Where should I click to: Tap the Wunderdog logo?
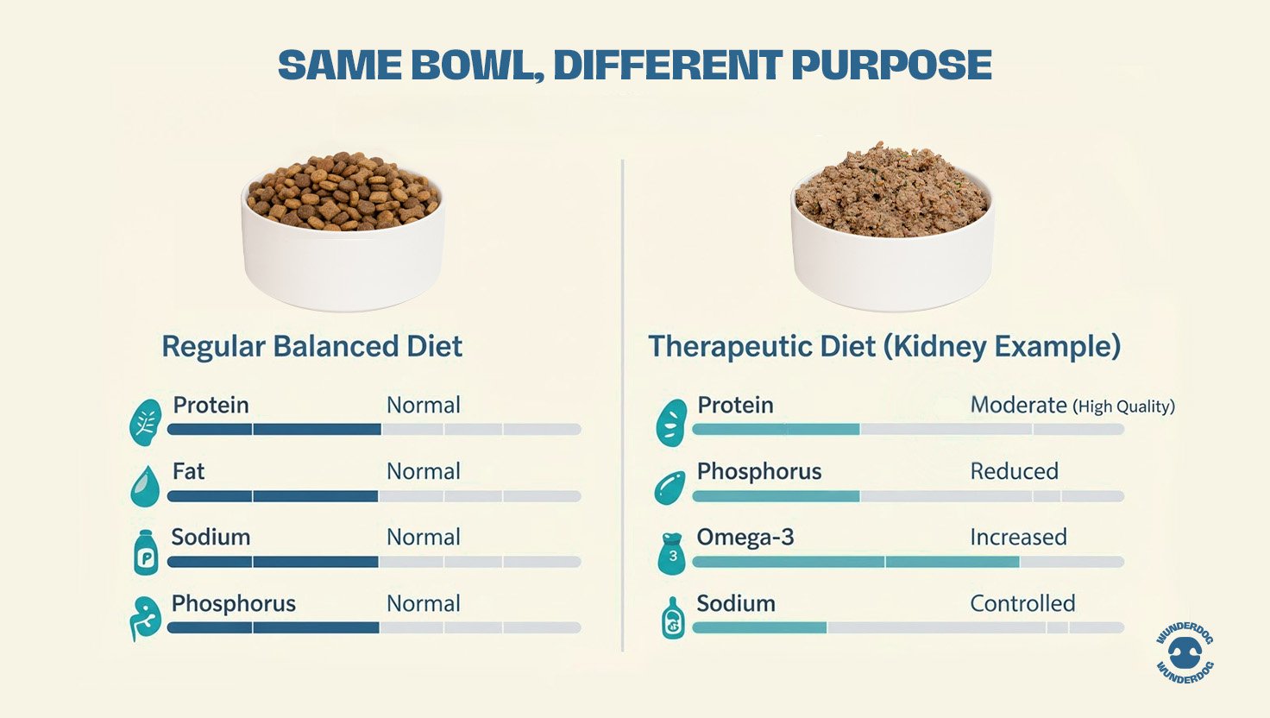[1185, 654]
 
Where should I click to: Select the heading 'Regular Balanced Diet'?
[311, 347]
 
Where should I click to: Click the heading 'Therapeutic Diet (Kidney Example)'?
[884, 347]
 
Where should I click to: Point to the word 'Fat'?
[189, 471]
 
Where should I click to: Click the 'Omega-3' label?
[745, 537]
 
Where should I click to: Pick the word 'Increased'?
[1018, 537]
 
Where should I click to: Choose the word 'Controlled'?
[1022, 603]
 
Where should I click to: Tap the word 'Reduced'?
[1014, 471]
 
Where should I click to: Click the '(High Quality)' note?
[1124, 406]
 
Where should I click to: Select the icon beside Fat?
[145, 486]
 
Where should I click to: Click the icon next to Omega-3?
[672, 552]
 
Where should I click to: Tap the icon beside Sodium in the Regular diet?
[146, 552]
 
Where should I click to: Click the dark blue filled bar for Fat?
[273, 496]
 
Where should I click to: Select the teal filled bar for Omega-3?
[855, 562]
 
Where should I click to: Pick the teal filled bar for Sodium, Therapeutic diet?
[759, 627]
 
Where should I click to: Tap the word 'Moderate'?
[1018, 405]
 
